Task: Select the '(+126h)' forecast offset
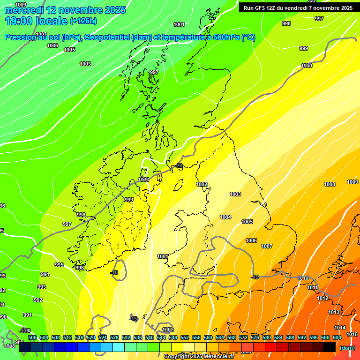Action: pyautogui.click(x=83, y=21)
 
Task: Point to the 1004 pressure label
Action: pyautogui.click(x=225, y=217)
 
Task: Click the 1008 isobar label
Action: pyautogui.click(x=330, y=184)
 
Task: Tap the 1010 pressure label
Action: pyautogui.click(x=303, y=278)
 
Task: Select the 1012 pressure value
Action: pyautogui.click(x=322, y=298)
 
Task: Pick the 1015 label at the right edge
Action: pyautogui.click(x=352, y=334)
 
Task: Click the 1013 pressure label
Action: pyautogui.click(x=333, y=312)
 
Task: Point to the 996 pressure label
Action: pyautogui.click(x=80, y=268)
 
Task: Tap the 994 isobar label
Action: pyautogui.click(x=45, y=274)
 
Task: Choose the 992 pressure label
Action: pyautogui.click(x=38, y=300)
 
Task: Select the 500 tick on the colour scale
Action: pyautogui.click(x=32, y=337)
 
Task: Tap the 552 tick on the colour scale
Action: pyautogui.click(x=185, y=337)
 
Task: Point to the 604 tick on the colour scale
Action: pyautogui.click(x=337, y=337)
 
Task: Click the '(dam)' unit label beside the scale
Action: pyautogui.click(x=347, y=347)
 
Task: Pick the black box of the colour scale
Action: pyautogui.click(x=329, y=347)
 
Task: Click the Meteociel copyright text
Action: pyautogui.click(x=199, y=356)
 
